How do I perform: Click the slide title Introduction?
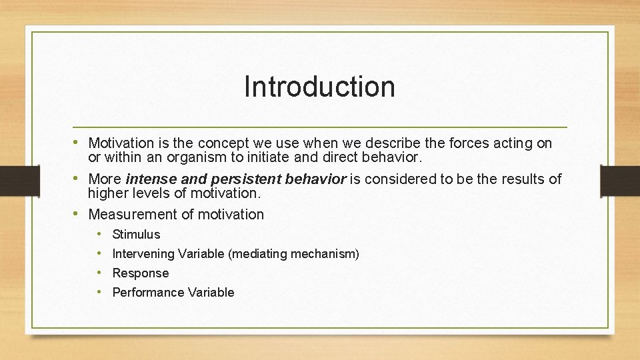pyautogui.click(x=319, y=87)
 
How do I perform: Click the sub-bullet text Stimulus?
pyautogui.click(x=136, y=235)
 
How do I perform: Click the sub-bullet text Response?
pyautogui.click(x=141, y=273)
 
